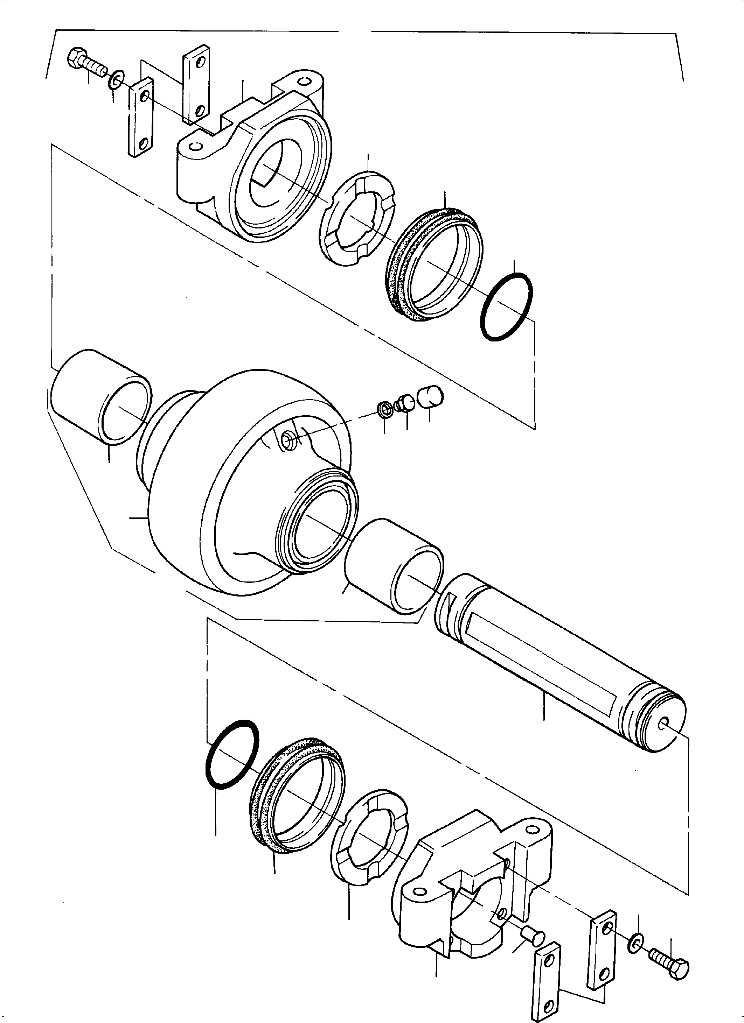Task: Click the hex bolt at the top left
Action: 86,63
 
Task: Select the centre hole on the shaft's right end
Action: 665,724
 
